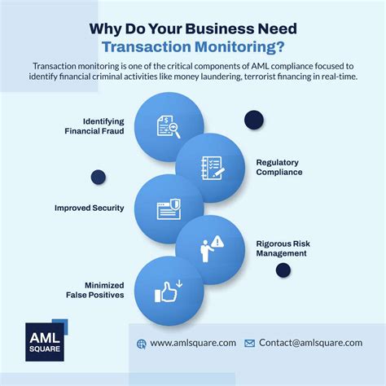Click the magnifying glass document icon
point(169,127)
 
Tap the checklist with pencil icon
point(213,168)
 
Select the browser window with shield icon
point(169,209)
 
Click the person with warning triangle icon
point(213,249)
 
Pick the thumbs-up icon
point(169,292)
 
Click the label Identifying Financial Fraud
point(94,126)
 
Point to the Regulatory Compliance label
point(279,167)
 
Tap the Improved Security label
point(90,208)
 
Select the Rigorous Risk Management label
point(283,248)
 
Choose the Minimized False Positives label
point(95,290)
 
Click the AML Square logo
point(46,340)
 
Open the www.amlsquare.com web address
point(193,343)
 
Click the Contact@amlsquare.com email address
point(310,343)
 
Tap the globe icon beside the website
point(142,344)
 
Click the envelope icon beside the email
point(249,344)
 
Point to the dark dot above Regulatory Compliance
point(254,120)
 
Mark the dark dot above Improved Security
point(99,177)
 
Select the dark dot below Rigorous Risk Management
point(283,270)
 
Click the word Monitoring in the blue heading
point(239,46)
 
